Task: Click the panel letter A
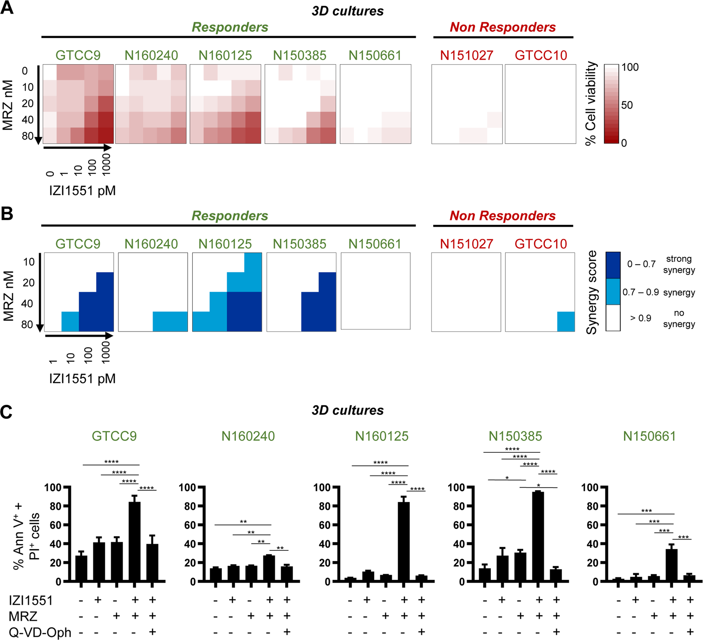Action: point(7,8)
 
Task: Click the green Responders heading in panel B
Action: point(229,216)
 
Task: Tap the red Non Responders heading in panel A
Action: point(503,27)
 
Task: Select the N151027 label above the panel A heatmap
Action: point(466,56)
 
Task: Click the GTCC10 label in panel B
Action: point(540,244)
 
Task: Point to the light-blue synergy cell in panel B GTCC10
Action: point(566,322)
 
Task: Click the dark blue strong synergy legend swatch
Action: point(613,265)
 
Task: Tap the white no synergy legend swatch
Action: point(613,318)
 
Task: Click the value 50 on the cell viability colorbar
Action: point(627,106)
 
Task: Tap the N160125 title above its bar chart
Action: point(382,436)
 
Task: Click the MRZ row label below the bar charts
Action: point(23,616)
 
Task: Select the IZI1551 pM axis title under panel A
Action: point(82,190)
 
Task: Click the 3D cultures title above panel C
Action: point(347,410)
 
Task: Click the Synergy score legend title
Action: point(592,292)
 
